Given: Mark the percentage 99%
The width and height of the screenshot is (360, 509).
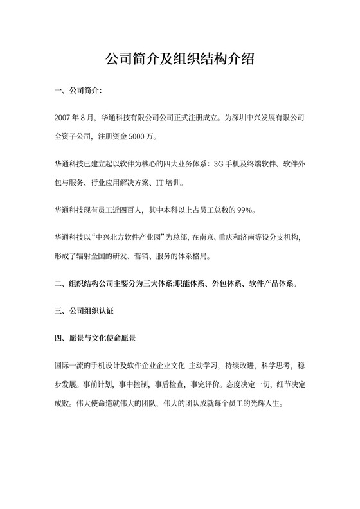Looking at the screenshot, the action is click(x=248, y=210).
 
